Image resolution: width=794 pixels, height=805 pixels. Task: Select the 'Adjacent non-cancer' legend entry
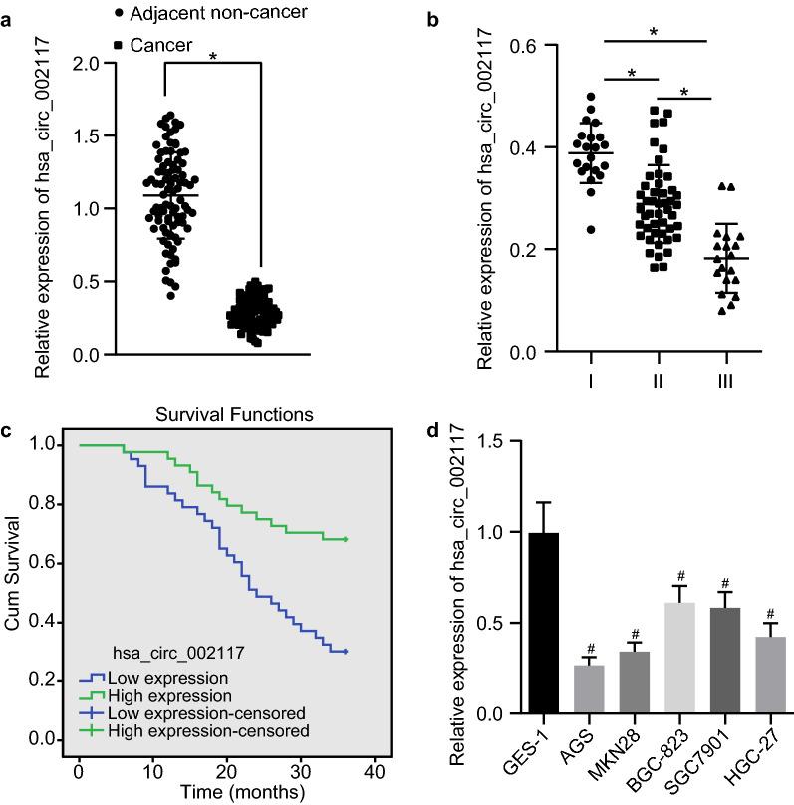[210, 13]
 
